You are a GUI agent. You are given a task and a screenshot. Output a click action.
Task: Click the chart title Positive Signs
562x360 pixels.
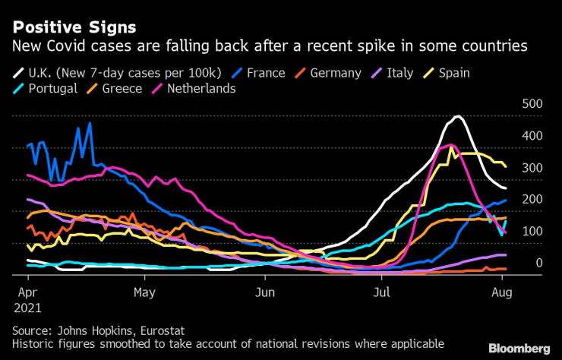point(74,27)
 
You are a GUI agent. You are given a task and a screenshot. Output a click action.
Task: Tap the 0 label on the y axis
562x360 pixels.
point(538,263)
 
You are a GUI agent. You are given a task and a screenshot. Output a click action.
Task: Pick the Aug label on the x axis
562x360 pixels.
point(501,291)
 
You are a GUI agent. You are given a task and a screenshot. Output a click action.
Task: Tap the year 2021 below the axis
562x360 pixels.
point(27,308)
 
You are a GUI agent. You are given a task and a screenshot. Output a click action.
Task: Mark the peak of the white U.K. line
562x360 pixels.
point(457,116)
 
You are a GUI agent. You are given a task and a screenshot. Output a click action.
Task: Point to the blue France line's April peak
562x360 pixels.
point(90,123)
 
